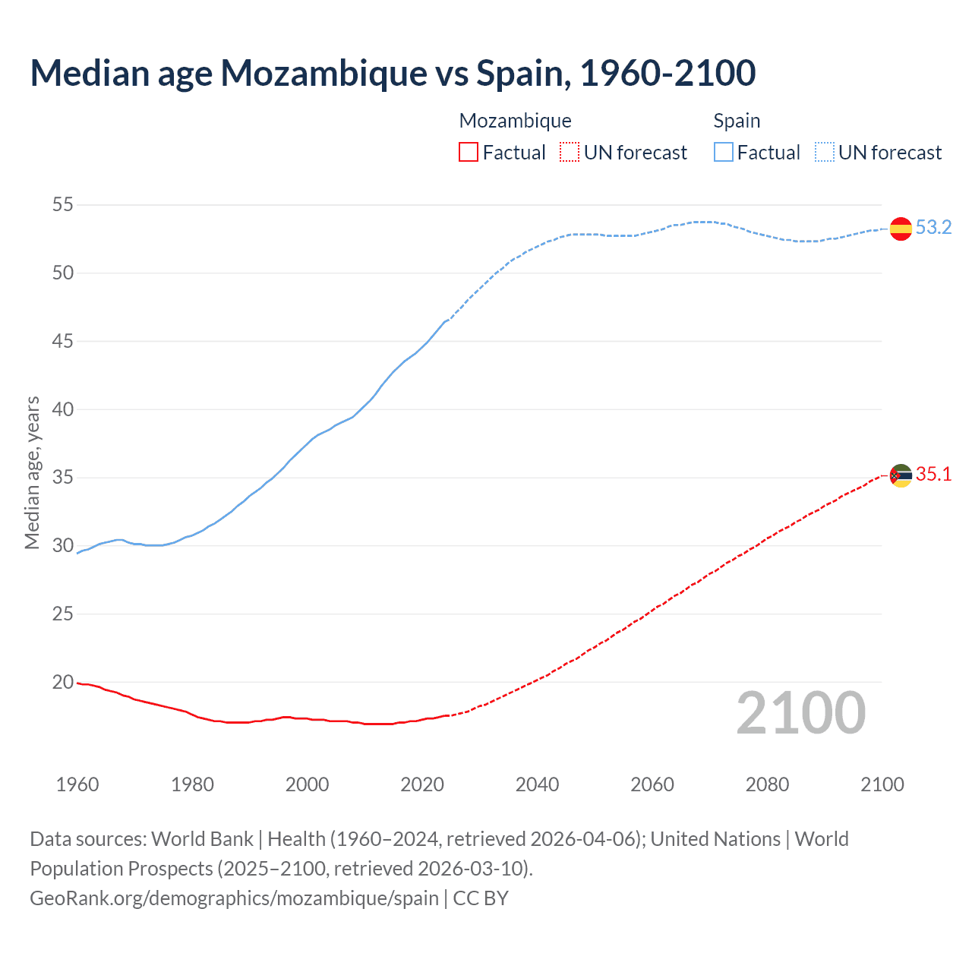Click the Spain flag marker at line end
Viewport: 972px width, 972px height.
pyautogui.click(x=901, y=229)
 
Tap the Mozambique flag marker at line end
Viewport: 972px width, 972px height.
pyautogui.click(x=901, y=475)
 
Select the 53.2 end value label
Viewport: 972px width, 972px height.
pyautogui.click(x=933, y=228)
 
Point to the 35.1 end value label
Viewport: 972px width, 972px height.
pyautogui.click(x=933, y=475)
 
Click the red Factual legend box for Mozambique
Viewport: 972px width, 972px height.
pyautogui.click(x=469, y=153)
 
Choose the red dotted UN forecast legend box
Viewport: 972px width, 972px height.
pyautogui.click(x=570, y=153)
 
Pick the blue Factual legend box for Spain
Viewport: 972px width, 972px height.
pyautogui.click(x=724, y=153)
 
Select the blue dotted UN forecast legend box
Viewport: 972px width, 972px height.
pyautogui.click(x=825, y=153)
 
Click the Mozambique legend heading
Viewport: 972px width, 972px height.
pyautogui.click(x=515, y=121)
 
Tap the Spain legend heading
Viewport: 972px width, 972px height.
pyautogui.click(x=737, y=121)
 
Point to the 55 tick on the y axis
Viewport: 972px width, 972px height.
pyautogui.click(x=63, y=205)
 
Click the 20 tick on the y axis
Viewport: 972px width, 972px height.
pyautogui.click(x=63, y=683)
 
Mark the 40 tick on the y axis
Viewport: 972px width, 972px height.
pyautogui.click(x=63, y=410)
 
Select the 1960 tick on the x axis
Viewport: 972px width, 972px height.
pyautogui.click(x=77, y=784)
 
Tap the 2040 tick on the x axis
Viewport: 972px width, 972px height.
pyautogui.click(x=537, y=784)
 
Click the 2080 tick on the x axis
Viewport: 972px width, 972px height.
pyautogui.click(x=767, y=784)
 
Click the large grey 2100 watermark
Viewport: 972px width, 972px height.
pyautogui.click(x=801, y=713)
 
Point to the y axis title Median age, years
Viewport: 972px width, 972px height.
pyautogui.click(x=32, y=472)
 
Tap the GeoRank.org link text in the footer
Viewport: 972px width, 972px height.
pyautogui.click(x=234, y=898)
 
